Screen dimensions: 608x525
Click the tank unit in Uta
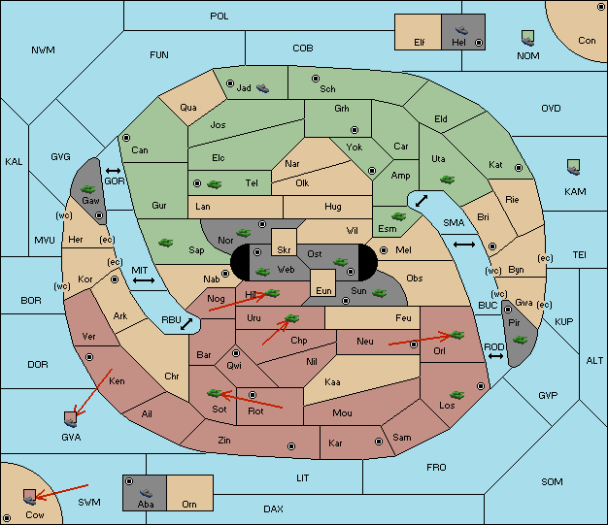[447, 180]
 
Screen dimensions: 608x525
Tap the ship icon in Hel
[461, 30]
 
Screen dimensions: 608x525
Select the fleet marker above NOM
[527, 39]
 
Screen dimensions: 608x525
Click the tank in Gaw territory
[88, 189]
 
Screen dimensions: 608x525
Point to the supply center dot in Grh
[355, 129]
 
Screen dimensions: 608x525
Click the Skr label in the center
[284, 250]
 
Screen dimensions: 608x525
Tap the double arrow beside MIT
[144, 280]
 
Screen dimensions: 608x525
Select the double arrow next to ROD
[495, 356]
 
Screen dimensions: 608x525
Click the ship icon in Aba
[146, 492]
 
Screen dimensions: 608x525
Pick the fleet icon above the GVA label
[71, 419]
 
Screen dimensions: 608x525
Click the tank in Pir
[520, 340]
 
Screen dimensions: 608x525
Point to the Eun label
[323, 290]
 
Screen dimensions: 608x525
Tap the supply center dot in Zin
[291, 446]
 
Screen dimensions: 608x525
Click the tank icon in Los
[456, 395]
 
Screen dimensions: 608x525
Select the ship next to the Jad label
[262, 88]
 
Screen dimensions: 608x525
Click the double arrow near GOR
[114, 171]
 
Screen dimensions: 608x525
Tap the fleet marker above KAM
[573, 167]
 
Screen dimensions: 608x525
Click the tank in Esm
[398, 216]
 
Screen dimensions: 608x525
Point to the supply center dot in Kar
[379, 442]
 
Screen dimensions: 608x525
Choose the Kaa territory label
[332, 382]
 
